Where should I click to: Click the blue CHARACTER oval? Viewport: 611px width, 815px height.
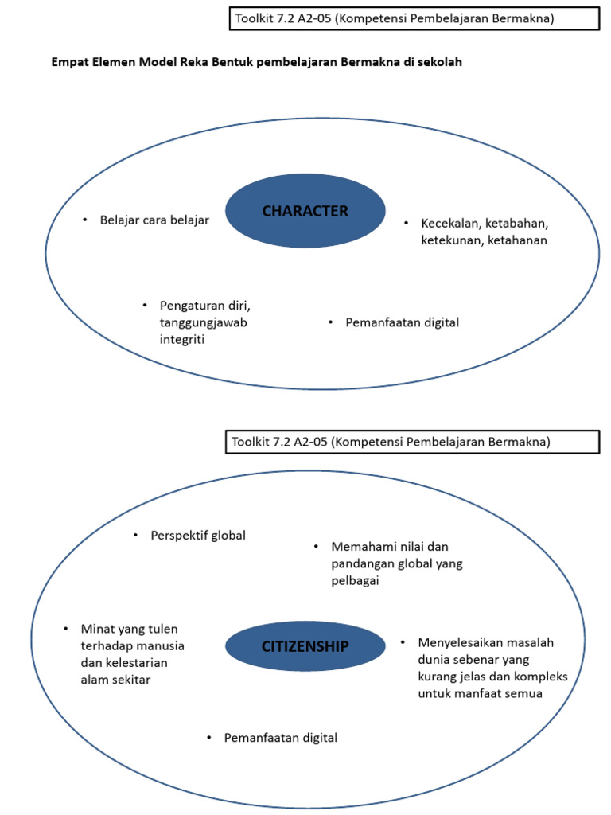305,211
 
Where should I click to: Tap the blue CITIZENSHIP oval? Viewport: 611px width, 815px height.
305,646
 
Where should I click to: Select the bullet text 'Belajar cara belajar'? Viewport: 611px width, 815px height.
154,220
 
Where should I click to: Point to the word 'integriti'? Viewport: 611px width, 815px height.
183,340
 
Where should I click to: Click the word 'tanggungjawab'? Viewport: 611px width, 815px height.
198,322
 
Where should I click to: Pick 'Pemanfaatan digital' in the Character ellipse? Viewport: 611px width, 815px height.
402,322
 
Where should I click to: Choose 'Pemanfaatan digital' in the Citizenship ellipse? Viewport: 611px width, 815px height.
280,738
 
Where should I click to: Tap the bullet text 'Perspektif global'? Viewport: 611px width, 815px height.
198,535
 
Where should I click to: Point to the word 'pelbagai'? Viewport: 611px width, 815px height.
355,581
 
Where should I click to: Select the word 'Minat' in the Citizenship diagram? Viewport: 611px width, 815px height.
97,629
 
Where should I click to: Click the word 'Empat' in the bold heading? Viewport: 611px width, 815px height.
70,63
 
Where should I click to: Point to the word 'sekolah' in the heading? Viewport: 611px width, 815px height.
439,63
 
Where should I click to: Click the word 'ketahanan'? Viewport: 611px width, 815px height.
517,240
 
